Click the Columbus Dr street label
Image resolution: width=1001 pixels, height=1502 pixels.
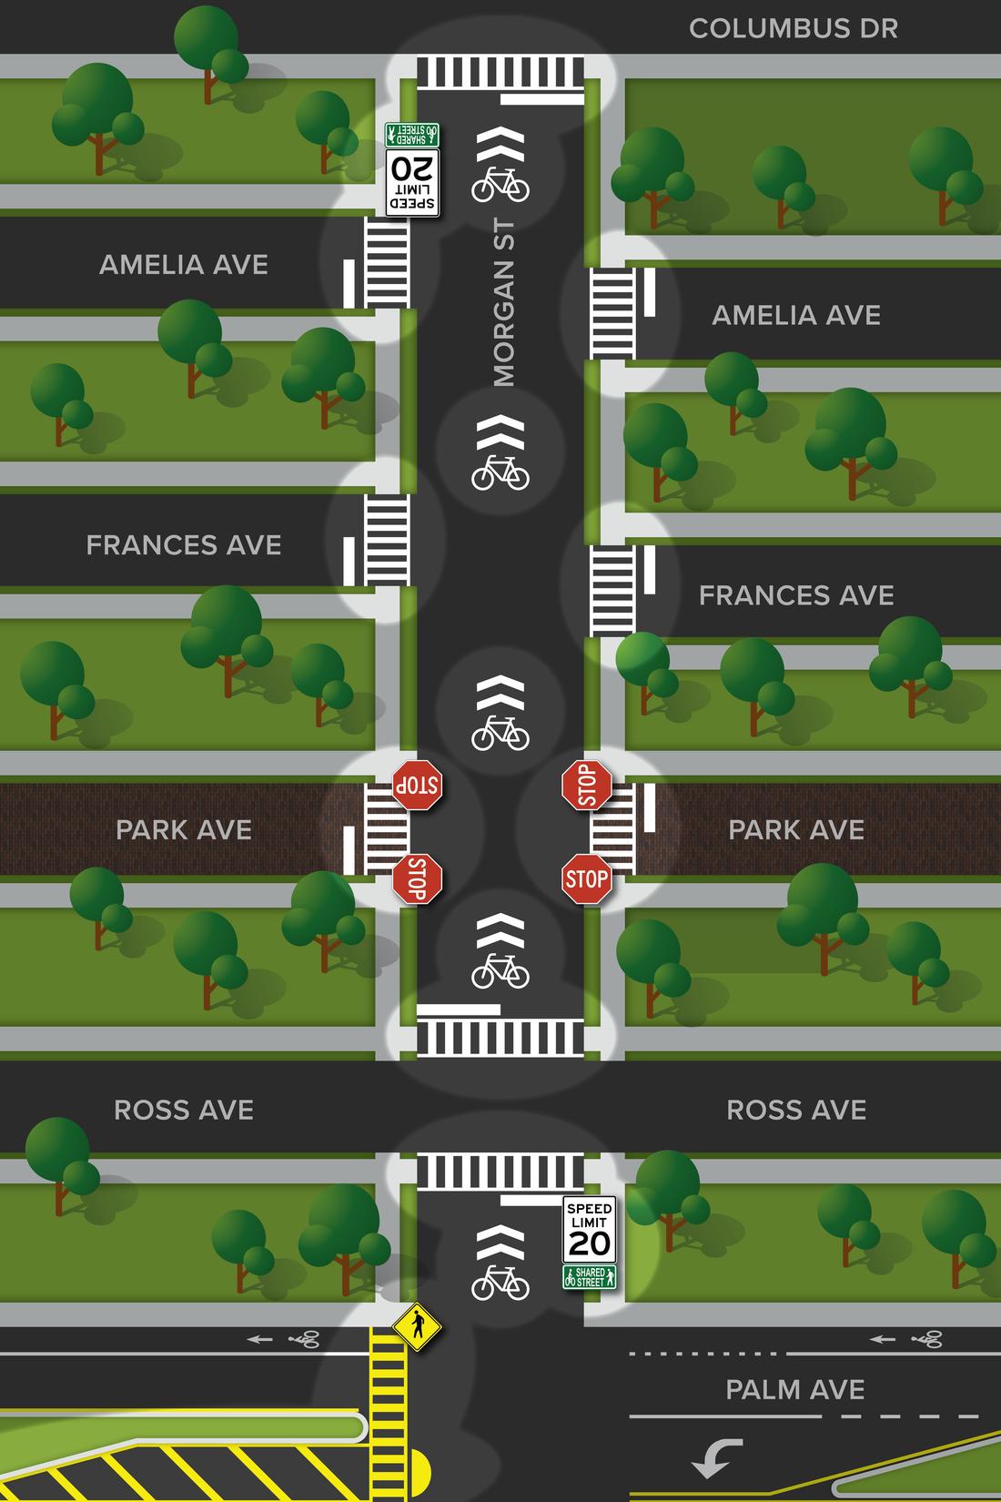click(793, 28)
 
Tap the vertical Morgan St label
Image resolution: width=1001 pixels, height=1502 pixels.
click(503, 303)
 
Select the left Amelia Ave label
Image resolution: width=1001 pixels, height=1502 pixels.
click(184, 265)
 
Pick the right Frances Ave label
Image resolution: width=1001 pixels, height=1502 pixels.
click(796, 595)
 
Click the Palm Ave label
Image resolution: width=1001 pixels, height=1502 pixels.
click(795, 1389)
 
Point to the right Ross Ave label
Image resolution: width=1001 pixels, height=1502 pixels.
click(796, 1110)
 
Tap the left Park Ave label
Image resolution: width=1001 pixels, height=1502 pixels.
click(184, 829)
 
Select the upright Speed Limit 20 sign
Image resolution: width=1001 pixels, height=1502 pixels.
click(589, 1230)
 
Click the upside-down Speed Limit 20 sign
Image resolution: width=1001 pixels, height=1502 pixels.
click(412, 182)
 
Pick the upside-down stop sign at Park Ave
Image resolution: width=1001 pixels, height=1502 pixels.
click(417, 785)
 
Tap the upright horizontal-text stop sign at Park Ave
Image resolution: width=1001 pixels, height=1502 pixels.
click(586, 879)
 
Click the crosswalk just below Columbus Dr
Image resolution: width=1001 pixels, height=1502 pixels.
click(500, 72)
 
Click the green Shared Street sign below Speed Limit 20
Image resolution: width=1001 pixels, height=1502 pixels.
click(589, 1276)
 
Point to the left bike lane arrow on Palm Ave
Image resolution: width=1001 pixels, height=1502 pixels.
click(260, 1339)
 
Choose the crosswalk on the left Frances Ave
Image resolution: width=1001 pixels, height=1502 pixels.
click(388, 541)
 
